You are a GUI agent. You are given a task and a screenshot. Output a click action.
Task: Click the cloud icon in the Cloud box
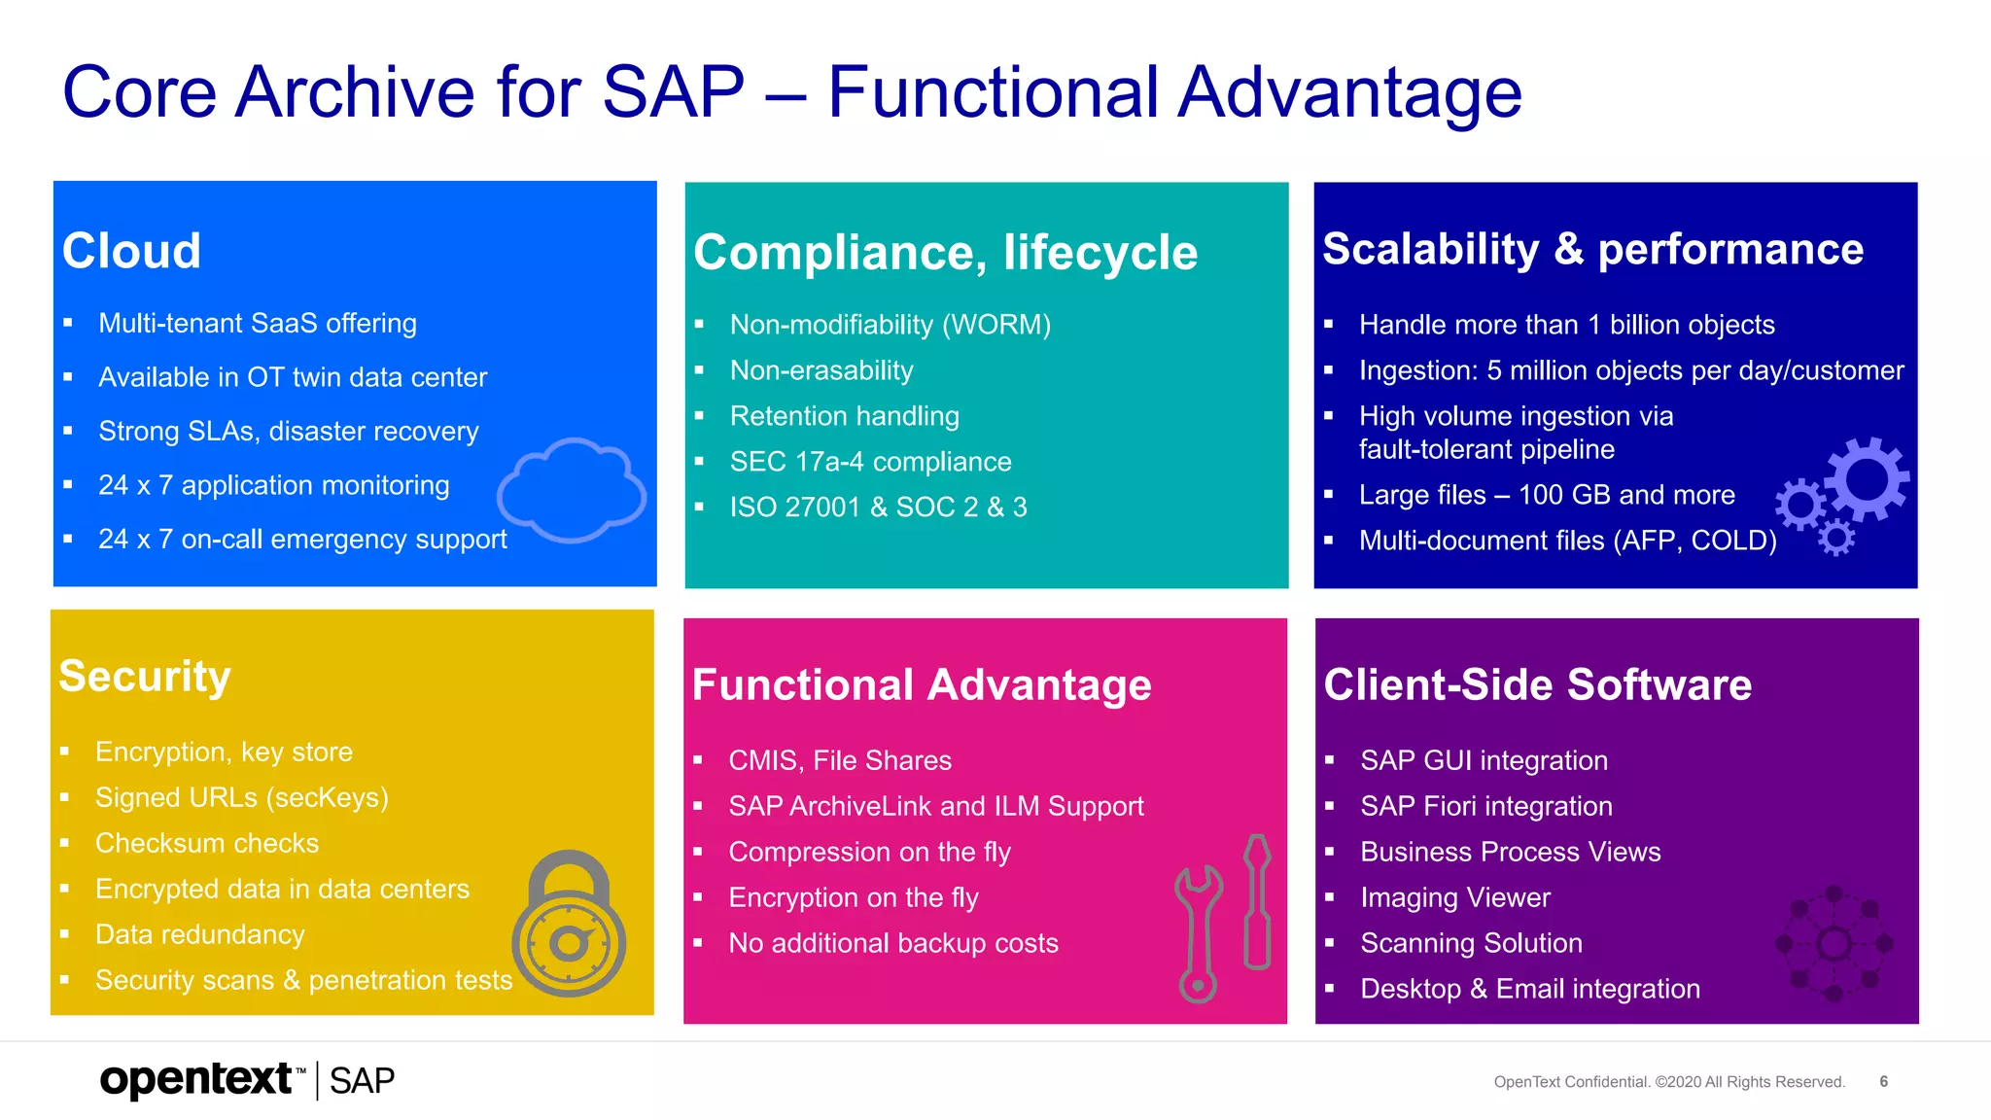(572, 490)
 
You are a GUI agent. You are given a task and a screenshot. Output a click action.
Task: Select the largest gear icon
(1866, 478)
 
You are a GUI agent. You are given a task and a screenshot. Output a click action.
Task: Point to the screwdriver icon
(1257, 902)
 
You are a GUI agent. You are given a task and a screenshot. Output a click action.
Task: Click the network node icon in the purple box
(1834, 943)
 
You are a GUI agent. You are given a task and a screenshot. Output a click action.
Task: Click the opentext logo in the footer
(197, 1080)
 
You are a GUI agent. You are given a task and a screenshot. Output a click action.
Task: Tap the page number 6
(1883, 1081)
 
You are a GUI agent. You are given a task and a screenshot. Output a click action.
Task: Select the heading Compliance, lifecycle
(945, 253)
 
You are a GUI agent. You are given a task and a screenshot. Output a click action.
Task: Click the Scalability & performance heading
(1592, 249)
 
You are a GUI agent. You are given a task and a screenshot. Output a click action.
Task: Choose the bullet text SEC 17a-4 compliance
(870, 462)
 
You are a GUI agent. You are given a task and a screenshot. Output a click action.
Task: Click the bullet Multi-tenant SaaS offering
(258, 323)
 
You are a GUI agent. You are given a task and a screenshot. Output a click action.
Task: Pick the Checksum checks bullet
(207, 843)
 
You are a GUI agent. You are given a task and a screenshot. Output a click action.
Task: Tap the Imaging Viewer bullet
(1454, 897)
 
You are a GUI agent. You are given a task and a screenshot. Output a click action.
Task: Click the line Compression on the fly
(869, 852)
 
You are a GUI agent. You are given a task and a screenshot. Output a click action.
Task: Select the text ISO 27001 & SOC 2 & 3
(878, 507)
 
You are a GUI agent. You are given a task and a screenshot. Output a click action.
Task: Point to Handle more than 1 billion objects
(1566, 325)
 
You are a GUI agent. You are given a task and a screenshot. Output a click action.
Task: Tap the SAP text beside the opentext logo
(362, 1081)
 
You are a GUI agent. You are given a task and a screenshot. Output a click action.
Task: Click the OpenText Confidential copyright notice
(1668, 1082)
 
